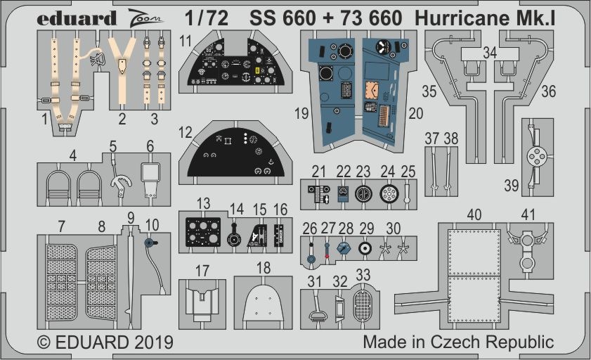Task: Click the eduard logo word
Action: pos(77,19)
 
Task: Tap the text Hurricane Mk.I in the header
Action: pos(485,18)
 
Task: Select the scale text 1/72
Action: pos(207,18)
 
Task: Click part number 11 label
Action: pos(186,41)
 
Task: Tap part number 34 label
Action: pos(490,53)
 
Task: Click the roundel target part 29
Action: pos(365,248)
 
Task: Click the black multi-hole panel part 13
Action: pos(203,232)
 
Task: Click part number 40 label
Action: pos(474,215)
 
